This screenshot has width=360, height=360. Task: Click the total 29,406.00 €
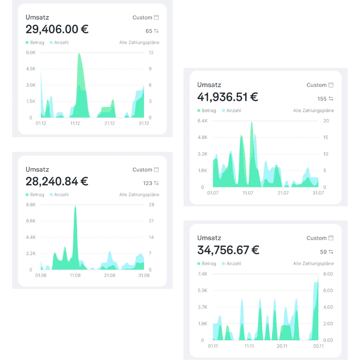(x=57, y=29)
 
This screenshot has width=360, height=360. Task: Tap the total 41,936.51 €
(x=228, y=97)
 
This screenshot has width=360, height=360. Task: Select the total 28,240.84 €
(x=57, y=181)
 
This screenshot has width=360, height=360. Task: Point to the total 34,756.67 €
(x=228, y=250)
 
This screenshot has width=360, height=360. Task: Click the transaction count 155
(x=321, y=99)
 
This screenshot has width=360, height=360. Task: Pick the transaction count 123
(x=148, y=183)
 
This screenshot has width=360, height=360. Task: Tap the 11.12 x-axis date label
(x=75, y=123)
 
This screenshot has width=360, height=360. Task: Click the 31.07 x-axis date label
(x=318, y=193)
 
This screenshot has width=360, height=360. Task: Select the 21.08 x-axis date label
(x=110, y=275)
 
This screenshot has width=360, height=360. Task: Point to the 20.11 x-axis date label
(x=282, y=346)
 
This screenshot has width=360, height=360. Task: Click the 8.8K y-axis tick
(x=31, y=205)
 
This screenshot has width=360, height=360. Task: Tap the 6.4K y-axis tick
(x=202, y=121)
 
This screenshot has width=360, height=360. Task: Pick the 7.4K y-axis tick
(x=202, y=274)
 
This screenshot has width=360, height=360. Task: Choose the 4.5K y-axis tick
(x=31, y=69)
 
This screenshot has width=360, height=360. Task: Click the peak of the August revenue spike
(x=75, y=206)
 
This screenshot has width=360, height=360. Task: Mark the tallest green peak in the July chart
(x=252, y=122)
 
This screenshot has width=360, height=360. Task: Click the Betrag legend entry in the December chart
(x=35, y=43)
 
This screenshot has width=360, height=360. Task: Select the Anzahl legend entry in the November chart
(x=232, y=264)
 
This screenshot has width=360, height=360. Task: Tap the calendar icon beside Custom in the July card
(x=331, y=85)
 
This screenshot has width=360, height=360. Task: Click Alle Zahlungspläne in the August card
(x=139, y=195)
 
